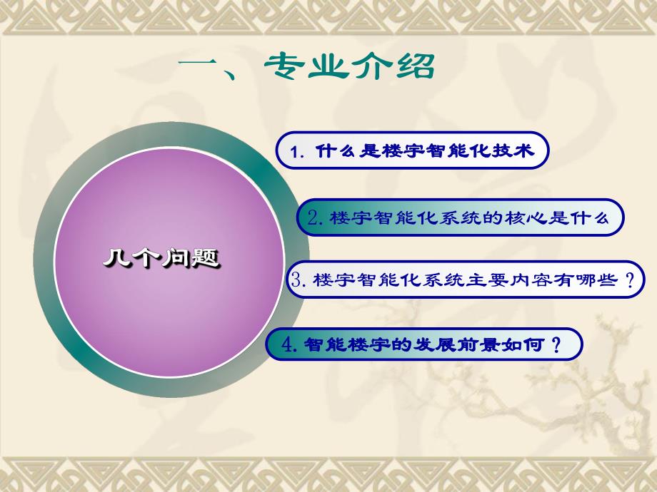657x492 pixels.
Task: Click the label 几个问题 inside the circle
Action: (160, 259)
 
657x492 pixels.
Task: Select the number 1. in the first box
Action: (299, 152)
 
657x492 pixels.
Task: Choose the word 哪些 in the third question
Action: (596, 280)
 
